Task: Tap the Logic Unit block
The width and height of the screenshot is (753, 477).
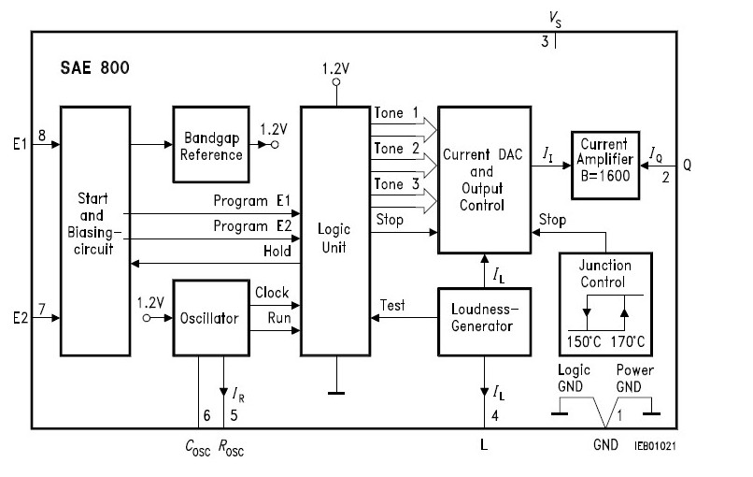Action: (x=334, y=231)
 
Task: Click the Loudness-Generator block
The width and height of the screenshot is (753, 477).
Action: (x=484, y=322)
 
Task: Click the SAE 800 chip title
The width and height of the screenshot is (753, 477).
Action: (x=96, y=68)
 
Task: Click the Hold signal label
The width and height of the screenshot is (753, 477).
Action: (x=277, y=250)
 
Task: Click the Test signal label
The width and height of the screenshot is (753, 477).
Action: (x=392, y=305)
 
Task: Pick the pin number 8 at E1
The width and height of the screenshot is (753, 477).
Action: (x=42, y=134)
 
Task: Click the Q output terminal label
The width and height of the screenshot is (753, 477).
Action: (x=687, y=165)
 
